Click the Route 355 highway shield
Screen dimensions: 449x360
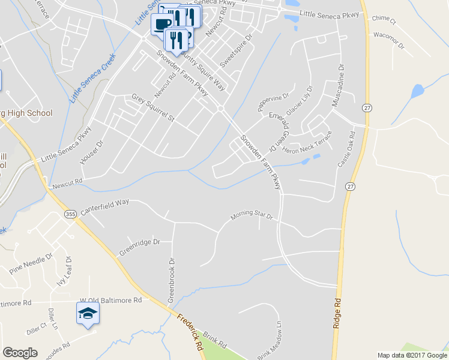[70, 214]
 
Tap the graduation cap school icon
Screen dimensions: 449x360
[88, 313]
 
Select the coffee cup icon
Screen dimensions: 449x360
[161, 24]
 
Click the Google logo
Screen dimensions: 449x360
[20, 353]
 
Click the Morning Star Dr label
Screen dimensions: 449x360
[252, 214]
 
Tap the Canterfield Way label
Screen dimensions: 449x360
[104, 205]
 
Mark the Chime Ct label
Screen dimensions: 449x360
[384, 20]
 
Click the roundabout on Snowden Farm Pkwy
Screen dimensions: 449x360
[221, 109]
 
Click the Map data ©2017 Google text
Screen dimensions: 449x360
[412, 355]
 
